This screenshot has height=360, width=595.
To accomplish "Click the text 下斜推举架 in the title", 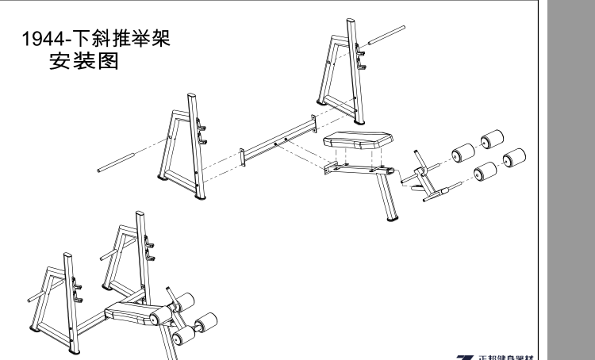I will tap(127, 39).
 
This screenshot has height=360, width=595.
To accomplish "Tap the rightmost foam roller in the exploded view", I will tap(516, 157).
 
